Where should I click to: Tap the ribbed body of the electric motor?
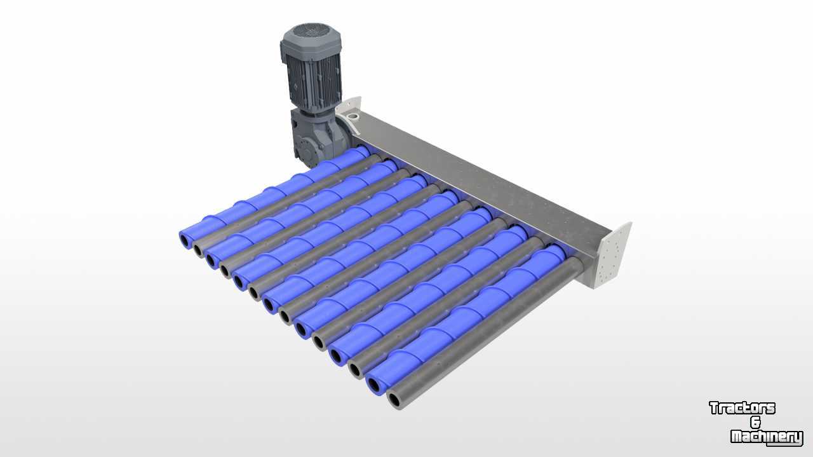(x=313, y=83)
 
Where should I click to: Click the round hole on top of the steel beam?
(x=353, y=117)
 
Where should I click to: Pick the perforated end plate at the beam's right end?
(x=614, y=255)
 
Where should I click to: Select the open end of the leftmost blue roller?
(x=185, y=240)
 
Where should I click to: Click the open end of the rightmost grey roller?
(x=395, y=400)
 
